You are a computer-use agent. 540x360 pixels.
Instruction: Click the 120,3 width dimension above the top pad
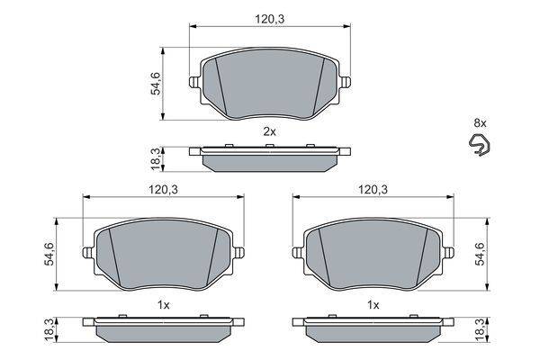pos(270,19)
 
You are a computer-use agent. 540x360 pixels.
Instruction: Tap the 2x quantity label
pos(269,131)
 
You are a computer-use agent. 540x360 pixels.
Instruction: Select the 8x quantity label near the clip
pos(480,122)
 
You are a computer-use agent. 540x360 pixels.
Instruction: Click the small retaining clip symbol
pos(480,144)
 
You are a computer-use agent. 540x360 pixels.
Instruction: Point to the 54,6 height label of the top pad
pos(156,84)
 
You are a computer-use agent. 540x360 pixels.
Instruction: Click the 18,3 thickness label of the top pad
pos(156,158)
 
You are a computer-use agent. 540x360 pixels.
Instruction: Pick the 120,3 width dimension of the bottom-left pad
pos(163,190)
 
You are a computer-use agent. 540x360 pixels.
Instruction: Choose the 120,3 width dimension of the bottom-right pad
pos(373,190)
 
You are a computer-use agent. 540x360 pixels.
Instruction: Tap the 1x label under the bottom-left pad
pos(164,304)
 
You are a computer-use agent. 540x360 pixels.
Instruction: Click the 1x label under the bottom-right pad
pos(373,304)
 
